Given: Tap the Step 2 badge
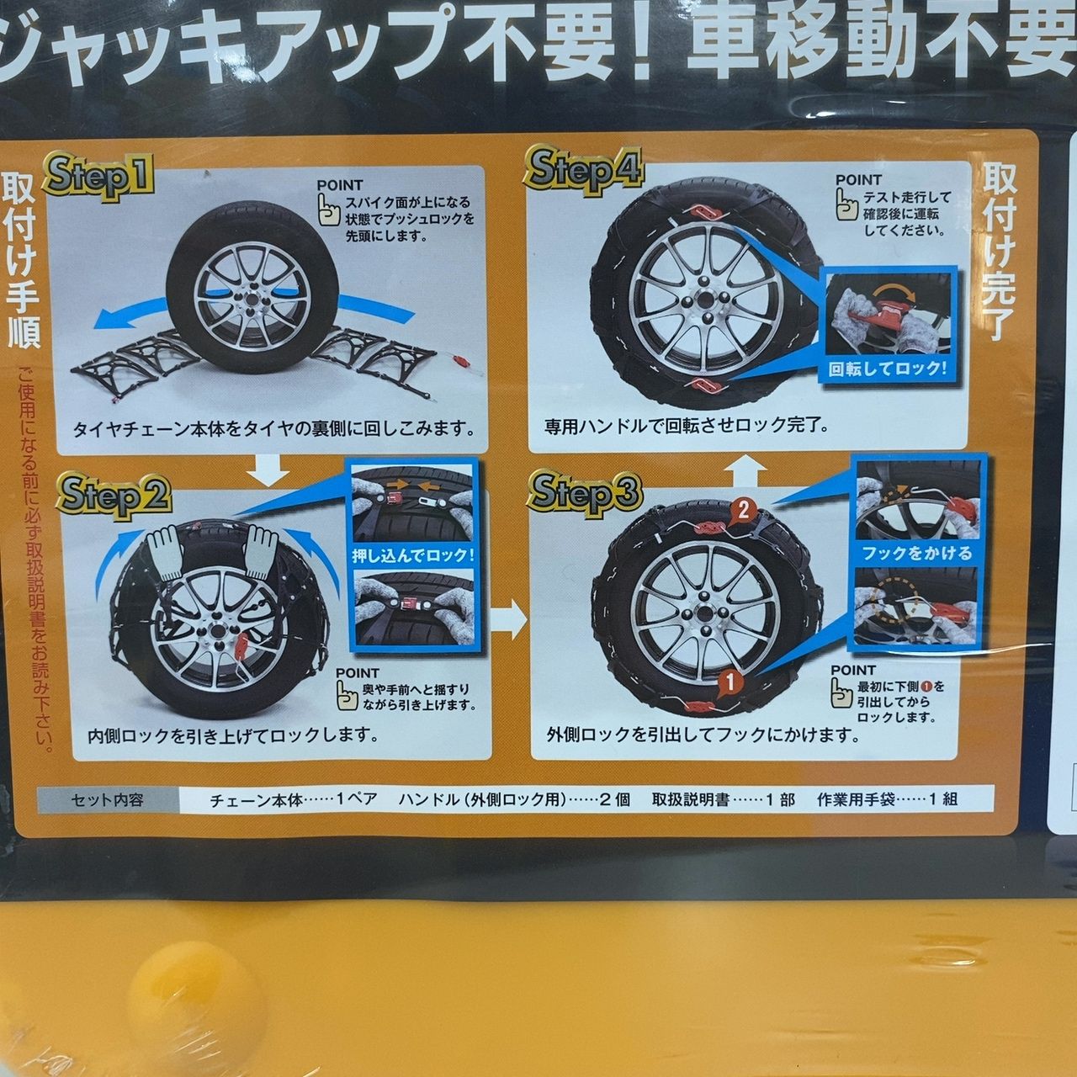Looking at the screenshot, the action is coord(114,496).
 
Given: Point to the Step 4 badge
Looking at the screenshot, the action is coord(583,170).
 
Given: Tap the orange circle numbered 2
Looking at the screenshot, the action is coord(743,510).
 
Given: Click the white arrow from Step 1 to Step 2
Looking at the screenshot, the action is coord(268,470).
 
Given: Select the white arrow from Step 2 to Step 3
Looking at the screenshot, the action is coord(511,618).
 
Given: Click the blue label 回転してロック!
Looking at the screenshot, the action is coord(888,369).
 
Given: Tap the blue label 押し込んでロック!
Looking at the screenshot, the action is coord(414,555).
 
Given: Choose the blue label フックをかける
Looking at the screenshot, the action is coord(917,554).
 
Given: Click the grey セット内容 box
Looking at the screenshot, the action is coord(108,800).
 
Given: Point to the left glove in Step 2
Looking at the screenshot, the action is coord(166,554).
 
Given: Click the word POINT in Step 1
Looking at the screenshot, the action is coord(340,185).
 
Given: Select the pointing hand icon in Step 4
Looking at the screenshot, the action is coord(847,204).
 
